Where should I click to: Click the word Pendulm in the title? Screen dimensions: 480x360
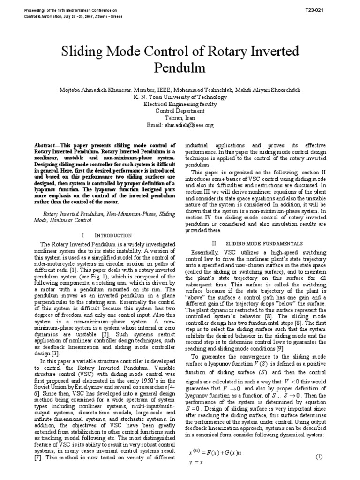pos(180,67)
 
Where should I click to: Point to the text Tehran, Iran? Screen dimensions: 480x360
pos(180,119)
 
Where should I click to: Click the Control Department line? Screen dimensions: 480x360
pos(180,112)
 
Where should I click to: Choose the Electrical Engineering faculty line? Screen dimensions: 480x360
pos(180,105)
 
